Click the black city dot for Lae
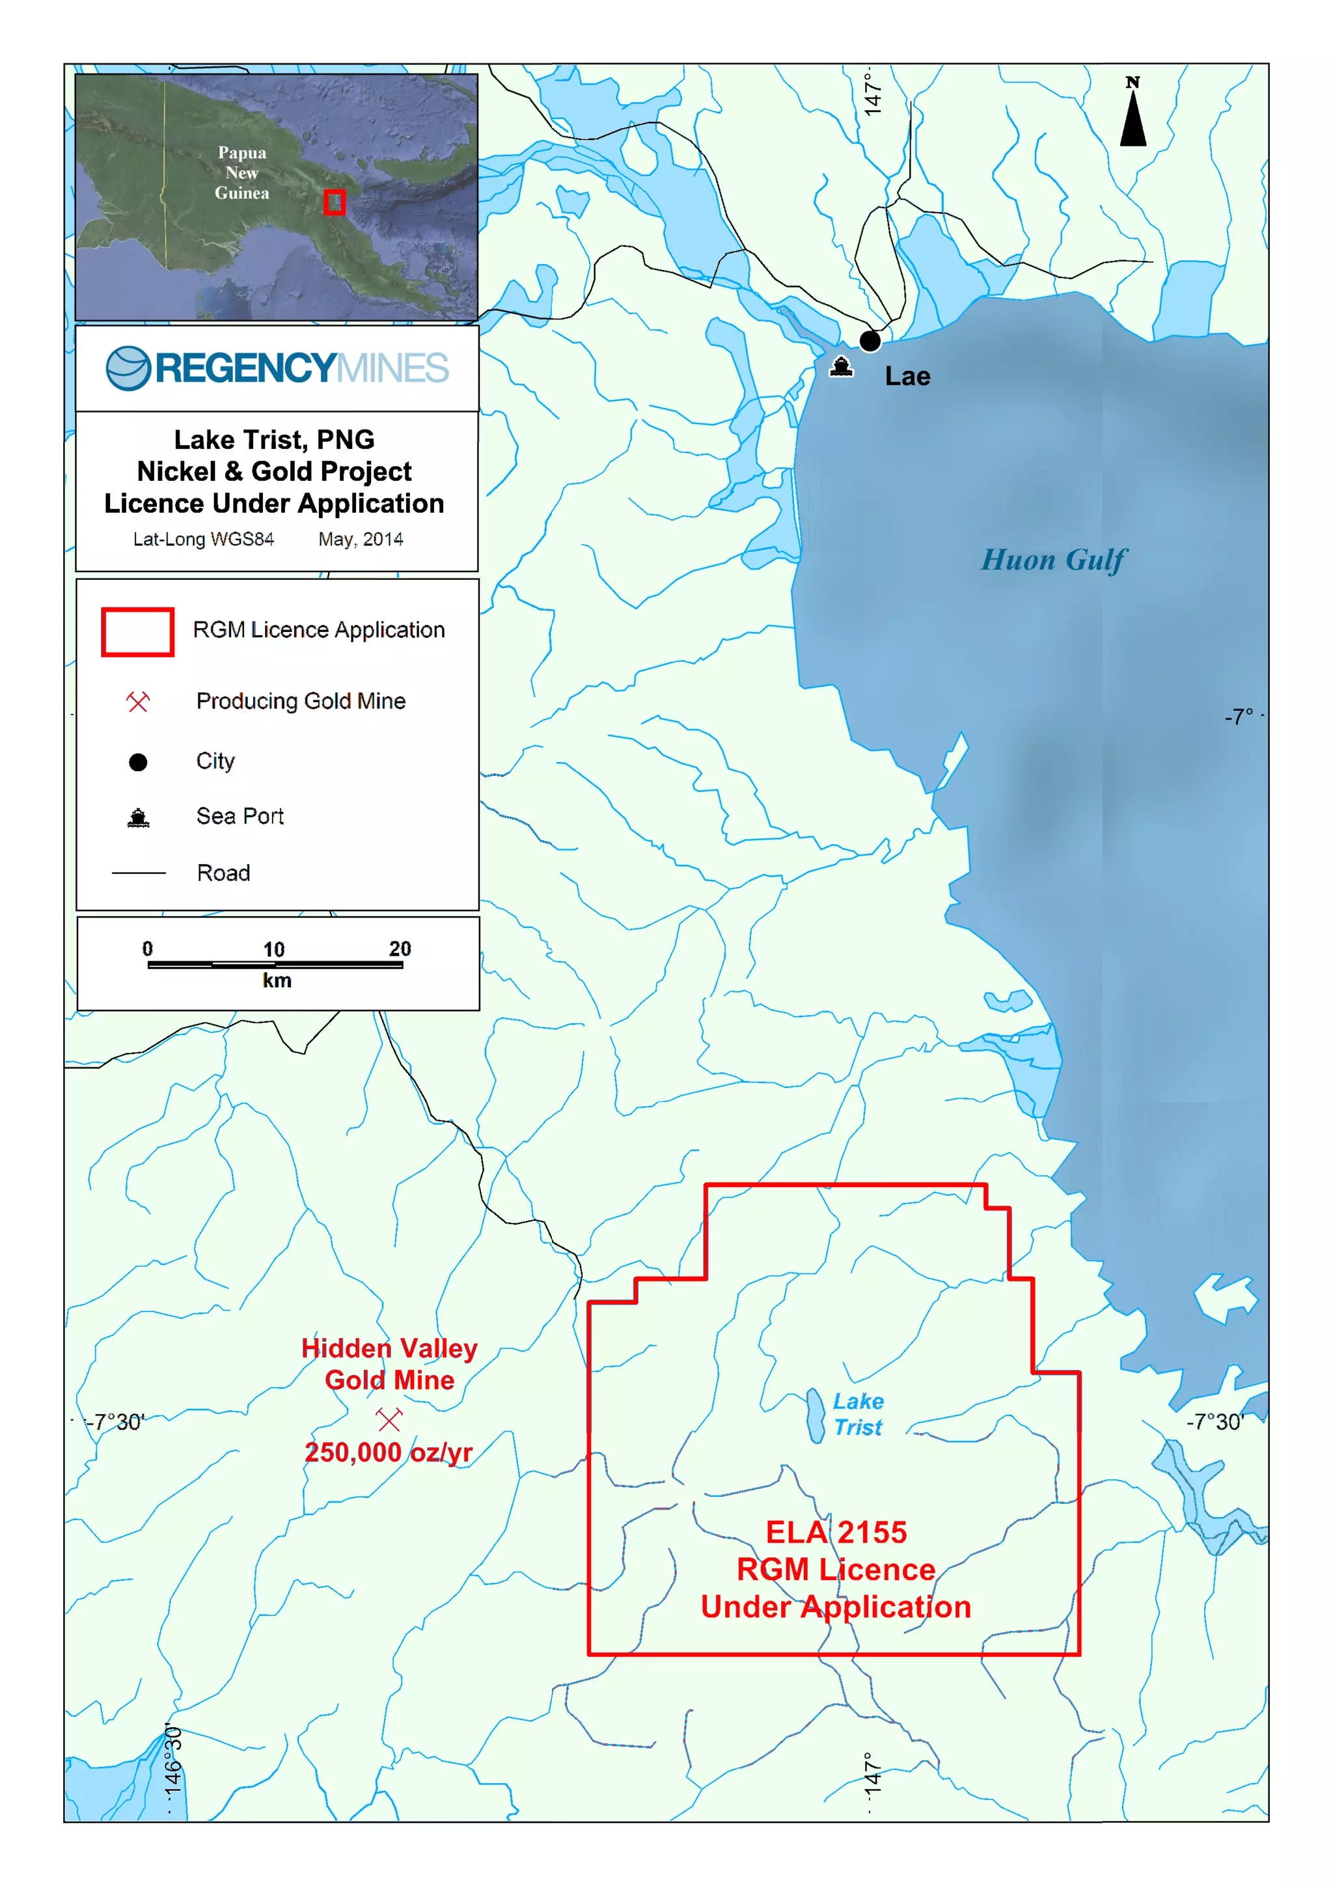click(870, 340)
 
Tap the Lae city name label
click(907, 376)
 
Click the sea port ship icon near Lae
click(840, 366)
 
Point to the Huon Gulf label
click(1053, 560)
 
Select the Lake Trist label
click(859, 1414)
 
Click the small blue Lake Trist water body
click(815, 1415)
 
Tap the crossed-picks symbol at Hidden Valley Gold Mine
click(389, 1419)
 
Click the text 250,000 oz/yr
click(389, 1453)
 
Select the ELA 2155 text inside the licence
click(836, 1532)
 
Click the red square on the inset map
click(333, 202)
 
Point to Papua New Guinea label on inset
click(241, 172)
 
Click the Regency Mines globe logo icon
click(128, 368)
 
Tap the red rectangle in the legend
click(137, 632)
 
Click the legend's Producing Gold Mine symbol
click(138, 702)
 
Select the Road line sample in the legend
click(138, 872)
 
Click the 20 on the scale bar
click(400, 949)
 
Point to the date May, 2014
click(361, 540)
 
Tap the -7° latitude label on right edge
click(1239, 717)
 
